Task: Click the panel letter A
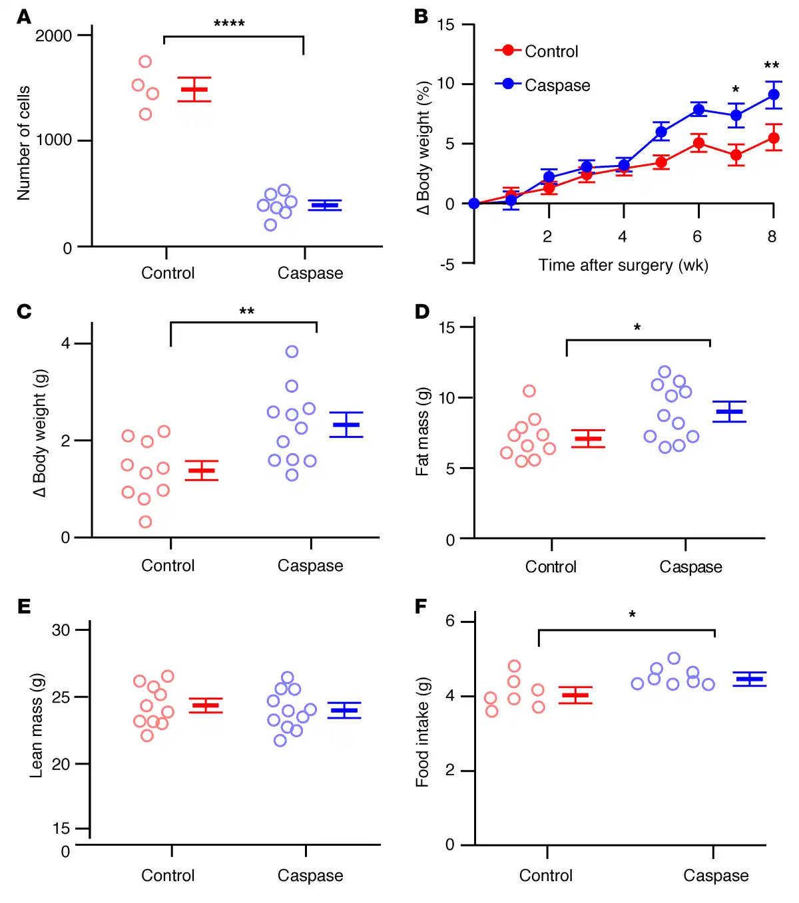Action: pyautogui.click(x=24, y=17)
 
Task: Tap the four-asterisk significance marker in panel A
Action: pyautogui.click(x=229, y=24)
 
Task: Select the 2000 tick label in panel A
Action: pyautogui.click(x=53, y=35)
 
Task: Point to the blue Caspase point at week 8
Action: pyautogui.click(x=773, y=94)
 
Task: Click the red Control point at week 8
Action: pyautogui.click(x=773, y=138)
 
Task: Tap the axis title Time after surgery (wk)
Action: pyautogui.click(x=623, y=266)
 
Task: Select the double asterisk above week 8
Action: pyautogui.click(x=771, y=65)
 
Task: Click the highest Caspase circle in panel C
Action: pyautogui.click(x=292, y=351)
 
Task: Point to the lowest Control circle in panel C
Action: pyautogui.click(x=145, y=522)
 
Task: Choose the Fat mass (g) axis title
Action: pyautogui.click(x=422, y=432)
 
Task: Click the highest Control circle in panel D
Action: pyautogui.click(x=529, y=391)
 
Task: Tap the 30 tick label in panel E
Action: pyautogui.click(x=61, y=630)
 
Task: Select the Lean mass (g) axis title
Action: pyautogui.click(x=37, y=725)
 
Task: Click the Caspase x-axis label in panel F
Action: pyautogui.click(x=716, y=876)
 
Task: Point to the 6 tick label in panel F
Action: pyautogui.click(x=450, y=621)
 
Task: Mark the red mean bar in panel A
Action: pyautogui.click(x=194, y=89)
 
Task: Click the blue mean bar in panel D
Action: pyautogui.click(x=729, y=412)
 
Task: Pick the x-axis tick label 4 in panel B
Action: pyautogui.click(x=622, y=236)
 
